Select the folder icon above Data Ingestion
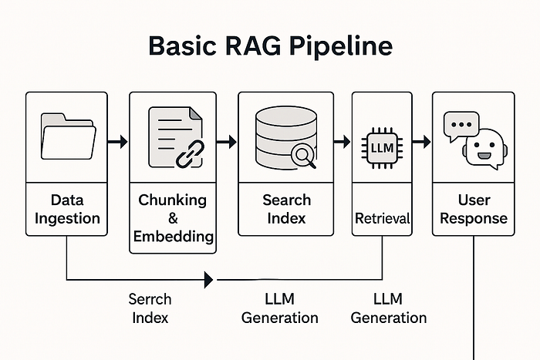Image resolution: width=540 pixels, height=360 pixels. tap(69, 136)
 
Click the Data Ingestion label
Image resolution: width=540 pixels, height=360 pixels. tap(69, 209)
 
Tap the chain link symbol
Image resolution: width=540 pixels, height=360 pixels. tap(188, 155)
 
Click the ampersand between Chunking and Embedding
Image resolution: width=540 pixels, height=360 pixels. tap(173, 218)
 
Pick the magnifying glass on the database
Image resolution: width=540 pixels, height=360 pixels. tap(303, 157)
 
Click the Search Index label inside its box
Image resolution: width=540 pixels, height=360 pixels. tap(286, 209)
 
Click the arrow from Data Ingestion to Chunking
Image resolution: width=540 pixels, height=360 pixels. tap(117, 142)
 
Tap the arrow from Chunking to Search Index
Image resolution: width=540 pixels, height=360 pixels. tap(227, 142)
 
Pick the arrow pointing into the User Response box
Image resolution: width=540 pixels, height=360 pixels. tap(421, 142)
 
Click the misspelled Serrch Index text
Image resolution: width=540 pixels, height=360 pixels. tap(150, 308)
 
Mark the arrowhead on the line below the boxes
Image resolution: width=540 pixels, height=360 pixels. tap(209, 279)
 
